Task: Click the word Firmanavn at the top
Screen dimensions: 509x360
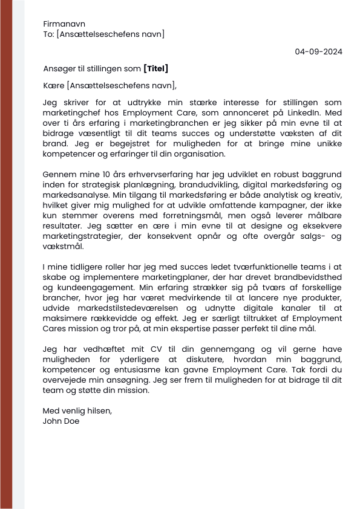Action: coord(64,24)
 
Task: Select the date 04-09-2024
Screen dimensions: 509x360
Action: coord(318,51)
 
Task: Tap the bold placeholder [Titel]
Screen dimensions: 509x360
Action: coord(155,68)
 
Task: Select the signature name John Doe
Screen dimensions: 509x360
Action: coord(61,421)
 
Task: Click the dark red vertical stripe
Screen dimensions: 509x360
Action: coord(6,254)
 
